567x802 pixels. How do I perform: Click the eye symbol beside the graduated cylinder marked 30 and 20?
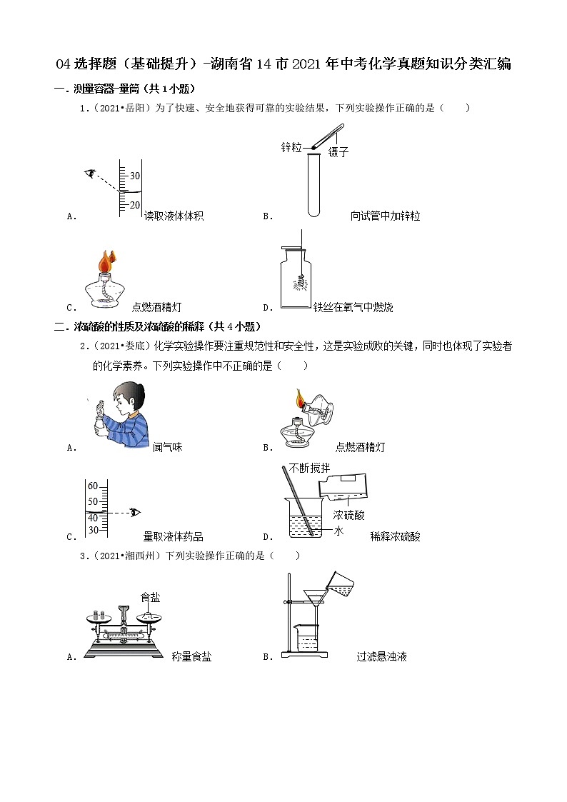pos(90,173)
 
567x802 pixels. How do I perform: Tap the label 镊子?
pos(338,152)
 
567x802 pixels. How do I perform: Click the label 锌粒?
pos(291,147)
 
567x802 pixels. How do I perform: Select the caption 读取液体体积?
pos(174,216)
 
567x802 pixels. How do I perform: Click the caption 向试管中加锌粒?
pos(385,216)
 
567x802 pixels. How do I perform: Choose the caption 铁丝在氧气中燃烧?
pos(353,308)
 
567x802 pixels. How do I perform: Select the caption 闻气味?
pos(168,447)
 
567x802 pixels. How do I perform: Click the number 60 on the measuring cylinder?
pos(93,486)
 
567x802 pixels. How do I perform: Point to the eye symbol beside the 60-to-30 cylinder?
pos(135,512)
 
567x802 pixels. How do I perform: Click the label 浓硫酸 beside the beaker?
pos(348,514)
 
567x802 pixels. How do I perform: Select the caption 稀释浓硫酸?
pos(395,537)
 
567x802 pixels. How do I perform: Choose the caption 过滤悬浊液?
pos(381,657)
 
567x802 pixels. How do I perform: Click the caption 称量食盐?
pos(191,657)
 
